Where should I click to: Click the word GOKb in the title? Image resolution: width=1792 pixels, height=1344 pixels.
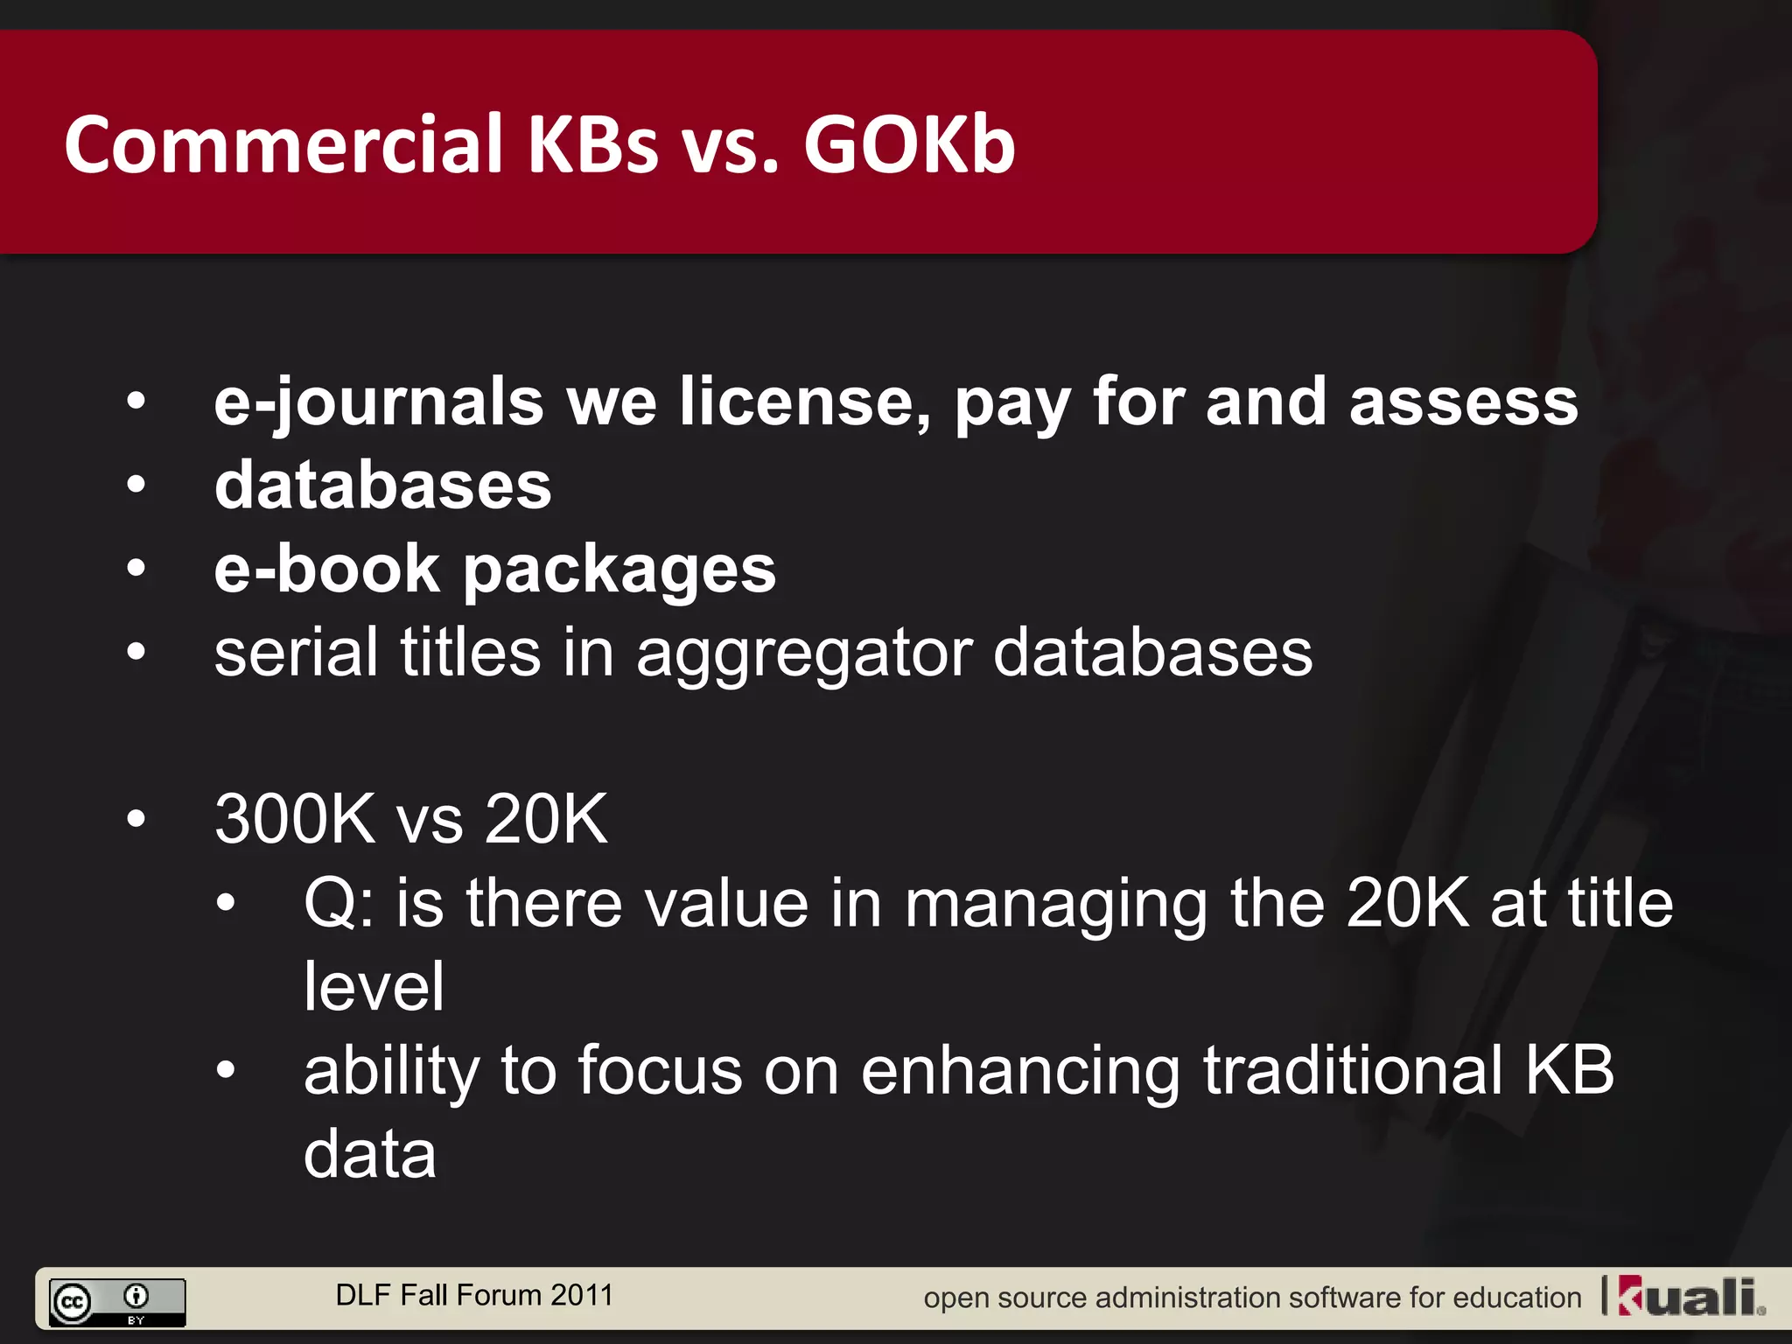909,144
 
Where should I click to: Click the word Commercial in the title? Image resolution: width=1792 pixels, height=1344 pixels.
284,144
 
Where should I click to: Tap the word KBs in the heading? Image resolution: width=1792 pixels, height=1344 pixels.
592,144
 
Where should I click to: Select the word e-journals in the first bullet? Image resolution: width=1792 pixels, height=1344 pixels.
378,402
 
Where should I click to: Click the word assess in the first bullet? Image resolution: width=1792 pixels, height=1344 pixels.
1463,402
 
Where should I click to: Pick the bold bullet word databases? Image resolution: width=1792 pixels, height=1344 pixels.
382,486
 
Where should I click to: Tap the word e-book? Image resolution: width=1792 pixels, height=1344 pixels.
326,569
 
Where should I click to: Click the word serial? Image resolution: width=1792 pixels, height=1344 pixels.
296,652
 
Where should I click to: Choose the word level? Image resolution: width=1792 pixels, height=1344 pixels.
374,986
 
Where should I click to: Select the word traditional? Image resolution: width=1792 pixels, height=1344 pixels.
1352,1069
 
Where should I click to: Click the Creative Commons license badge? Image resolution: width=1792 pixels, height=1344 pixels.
117,1302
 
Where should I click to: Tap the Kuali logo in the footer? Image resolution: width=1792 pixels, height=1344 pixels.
1690,1297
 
